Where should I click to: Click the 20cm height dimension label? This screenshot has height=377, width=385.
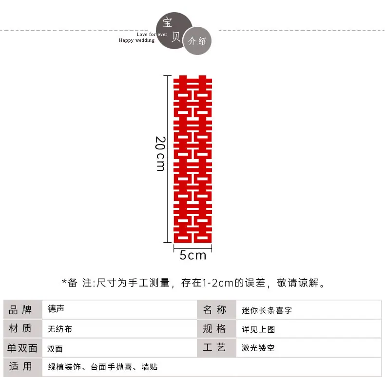tap(160, 154)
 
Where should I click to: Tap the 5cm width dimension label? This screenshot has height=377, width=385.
tap(193, 255)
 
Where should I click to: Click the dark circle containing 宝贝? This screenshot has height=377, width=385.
tap(174, 30)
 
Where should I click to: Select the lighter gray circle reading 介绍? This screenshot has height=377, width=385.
tap(197, 41)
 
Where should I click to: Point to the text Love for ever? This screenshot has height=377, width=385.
tap(152, 35)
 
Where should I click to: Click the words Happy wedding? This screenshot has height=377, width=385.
tap(137, 40)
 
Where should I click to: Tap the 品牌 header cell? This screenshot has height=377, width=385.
tap(22, 309)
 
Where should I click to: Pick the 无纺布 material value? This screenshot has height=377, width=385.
tap(59, 329)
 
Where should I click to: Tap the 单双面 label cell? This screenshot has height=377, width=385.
tap(22, 348)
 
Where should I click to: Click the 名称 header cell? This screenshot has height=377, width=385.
tap(216, 309)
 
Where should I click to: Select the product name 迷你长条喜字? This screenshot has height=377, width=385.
tap(267, 310)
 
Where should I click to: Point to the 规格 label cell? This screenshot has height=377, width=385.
tap(216, 328)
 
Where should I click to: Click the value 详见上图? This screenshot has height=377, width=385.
tap(258, 329)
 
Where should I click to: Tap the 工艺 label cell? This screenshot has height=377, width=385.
tap(216, 348)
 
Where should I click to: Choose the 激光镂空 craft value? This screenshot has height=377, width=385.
tap(258, 348)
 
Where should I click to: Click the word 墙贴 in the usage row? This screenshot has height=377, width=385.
tap(150, 367)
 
